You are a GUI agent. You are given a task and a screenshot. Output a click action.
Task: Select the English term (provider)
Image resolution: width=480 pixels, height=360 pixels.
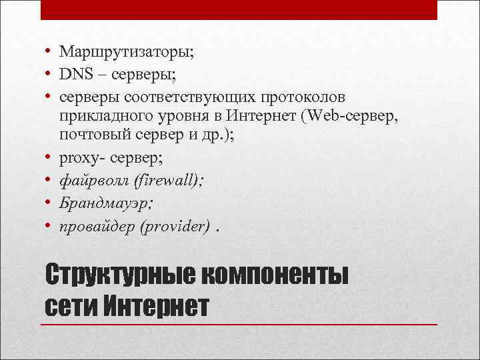pos(175,227)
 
